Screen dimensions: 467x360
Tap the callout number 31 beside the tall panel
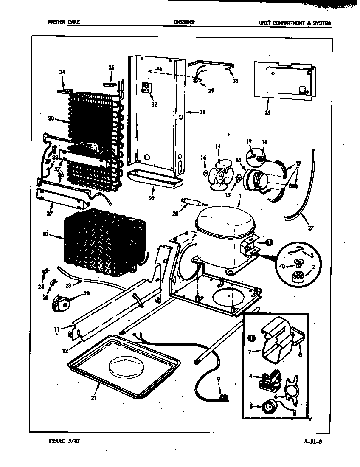[x=202, y=112]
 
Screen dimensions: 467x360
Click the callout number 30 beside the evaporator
[x=51, y=119]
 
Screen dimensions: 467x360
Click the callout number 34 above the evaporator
[x=62, y=72]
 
